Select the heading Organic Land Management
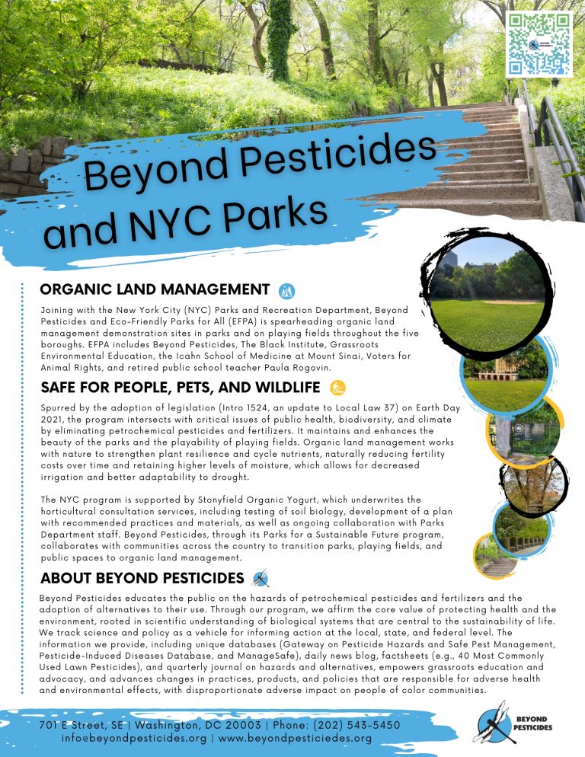[x=155, y=289]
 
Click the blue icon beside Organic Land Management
[x=287, y=289]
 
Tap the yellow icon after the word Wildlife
[x=337, y=388]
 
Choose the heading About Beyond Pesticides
[x=142, y=577]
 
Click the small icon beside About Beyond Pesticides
[x=261, y=577]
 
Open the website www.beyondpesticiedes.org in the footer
[x=295, y=738]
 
